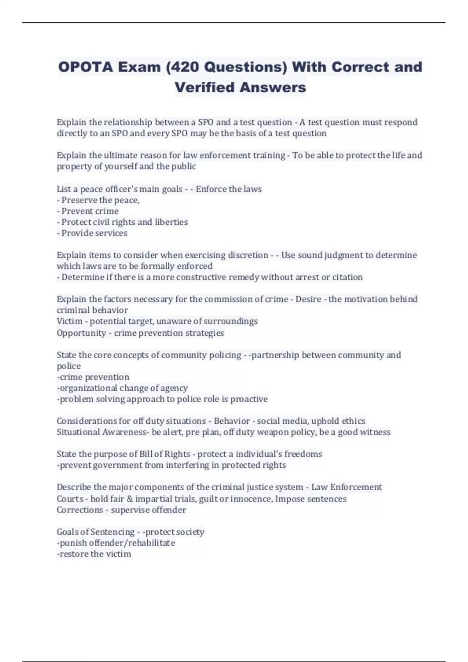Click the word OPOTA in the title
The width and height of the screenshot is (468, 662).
pos(86,67)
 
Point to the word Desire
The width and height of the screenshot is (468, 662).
pos(308,299)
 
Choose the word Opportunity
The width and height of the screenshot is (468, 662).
pos(81,333)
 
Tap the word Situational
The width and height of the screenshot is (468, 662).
pos(78,432)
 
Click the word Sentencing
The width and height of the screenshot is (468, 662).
pos(112,532)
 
